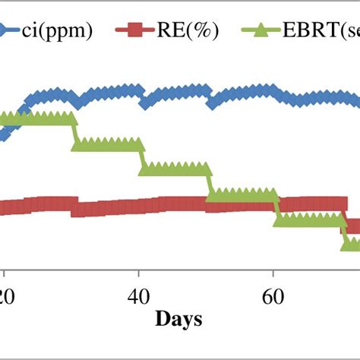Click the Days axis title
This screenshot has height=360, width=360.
tap(178, 320)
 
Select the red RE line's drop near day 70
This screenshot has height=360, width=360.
tap(346, 214)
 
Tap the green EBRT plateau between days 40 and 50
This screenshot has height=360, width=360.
tap(175, 169)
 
